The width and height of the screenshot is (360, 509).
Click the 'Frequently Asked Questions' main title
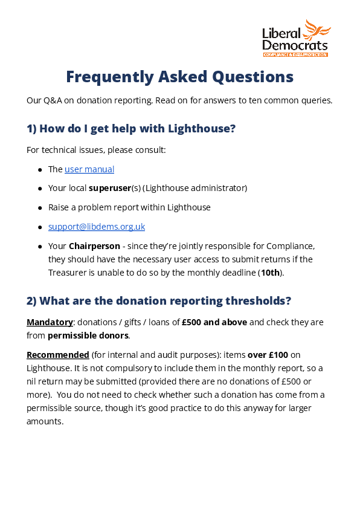179,77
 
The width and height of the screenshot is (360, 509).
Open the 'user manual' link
89,169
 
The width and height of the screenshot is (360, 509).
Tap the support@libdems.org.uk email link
97,227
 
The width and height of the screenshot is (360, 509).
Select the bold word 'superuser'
110,188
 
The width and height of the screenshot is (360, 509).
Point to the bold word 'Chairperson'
94,246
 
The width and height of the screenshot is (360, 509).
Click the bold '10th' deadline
271,272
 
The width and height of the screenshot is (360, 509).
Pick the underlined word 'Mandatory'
50,322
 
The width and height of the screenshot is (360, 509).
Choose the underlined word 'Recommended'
57,354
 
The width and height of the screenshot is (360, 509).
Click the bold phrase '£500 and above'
214,322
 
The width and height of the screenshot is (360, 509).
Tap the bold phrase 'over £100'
269,354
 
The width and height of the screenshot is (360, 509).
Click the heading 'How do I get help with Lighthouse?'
130,128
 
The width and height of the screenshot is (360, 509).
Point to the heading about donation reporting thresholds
159,300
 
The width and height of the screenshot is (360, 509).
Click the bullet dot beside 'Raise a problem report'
40,207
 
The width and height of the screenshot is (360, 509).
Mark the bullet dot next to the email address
40,227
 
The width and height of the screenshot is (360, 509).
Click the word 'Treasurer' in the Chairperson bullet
68,272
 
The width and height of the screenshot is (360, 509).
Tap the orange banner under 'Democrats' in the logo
295,54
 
